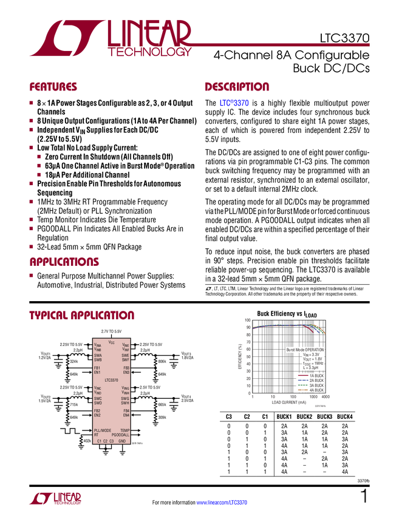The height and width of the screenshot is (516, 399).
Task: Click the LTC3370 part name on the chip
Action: (111, 380)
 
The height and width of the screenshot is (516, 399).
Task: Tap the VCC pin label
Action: (111, 342)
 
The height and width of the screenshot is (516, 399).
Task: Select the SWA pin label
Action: (98, 355)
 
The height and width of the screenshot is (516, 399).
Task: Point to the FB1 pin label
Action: (97, 368)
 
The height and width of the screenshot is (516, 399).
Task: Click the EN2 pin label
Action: (97, 415)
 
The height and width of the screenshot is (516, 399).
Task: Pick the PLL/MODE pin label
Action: (103, 430)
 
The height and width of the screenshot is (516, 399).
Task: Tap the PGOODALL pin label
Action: (120, 435)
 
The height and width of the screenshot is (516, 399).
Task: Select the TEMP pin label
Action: (124, 430)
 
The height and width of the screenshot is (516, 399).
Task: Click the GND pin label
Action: (122, 441)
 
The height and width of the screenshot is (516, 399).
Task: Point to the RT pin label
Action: (96, 435)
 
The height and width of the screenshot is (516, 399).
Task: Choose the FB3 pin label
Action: (126, 368)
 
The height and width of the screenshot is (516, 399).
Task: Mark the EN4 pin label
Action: (126, 415)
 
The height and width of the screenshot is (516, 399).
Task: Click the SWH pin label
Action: (125, 403)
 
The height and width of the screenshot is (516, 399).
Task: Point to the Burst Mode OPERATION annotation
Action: (305, 350)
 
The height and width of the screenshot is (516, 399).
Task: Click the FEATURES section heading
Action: (53, 87)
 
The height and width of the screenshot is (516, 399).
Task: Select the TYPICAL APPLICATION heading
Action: (81, 316)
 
